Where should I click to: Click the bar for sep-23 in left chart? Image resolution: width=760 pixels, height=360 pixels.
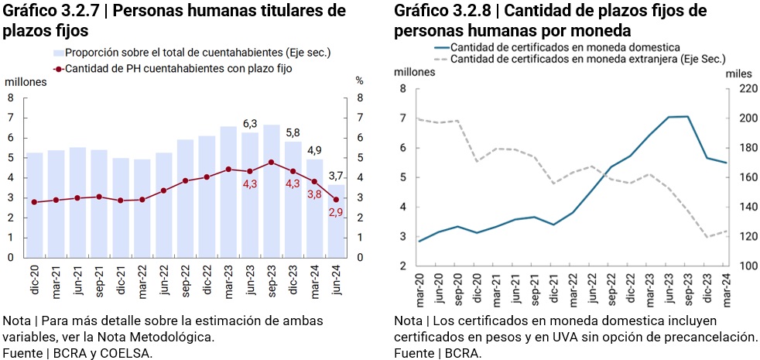point(271,190)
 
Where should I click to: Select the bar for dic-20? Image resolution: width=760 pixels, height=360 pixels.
point(35,205)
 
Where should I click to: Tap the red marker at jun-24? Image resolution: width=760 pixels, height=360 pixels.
point(336,200)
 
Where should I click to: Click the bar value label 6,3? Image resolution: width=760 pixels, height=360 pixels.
point(250,124)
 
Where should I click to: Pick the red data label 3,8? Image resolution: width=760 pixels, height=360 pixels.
point(314,194)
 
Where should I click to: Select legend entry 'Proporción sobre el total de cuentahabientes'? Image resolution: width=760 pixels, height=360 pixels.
point(197,53)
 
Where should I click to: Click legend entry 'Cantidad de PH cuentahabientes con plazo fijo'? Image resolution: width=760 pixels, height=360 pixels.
point(178,68)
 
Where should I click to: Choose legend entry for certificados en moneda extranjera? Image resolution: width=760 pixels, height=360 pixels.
point(587,59)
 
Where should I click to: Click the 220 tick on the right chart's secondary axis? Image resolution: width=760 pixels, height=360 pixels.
point(739,89)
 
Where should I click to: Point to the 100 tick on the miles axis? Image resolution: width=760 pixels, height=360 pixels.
point(739,266)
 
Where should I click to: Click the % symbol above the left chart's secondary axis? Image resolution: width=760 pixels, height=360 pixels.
point(359,81)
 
